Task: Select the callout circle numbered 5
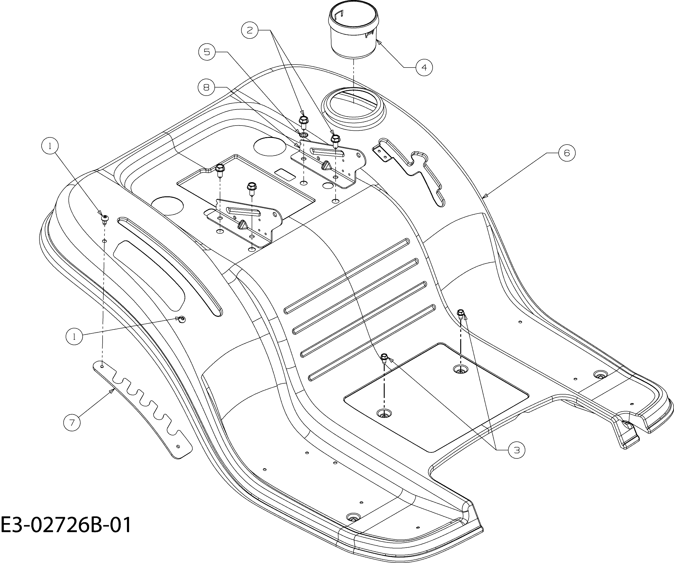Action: click(x=207, y=52)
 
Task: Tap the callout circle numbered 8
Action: click(x=206, y=87)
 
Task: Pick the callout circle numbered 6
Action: click(x=567, y=153)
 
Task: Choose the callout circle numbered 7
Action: click(x=72, y=422)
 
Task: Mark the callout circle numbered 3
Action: click(x=516, y=450)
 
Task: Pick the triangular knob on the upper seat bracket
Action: click(x=326, y=165)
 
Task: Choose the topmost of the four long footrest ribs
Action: click(x=347, y=276)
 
